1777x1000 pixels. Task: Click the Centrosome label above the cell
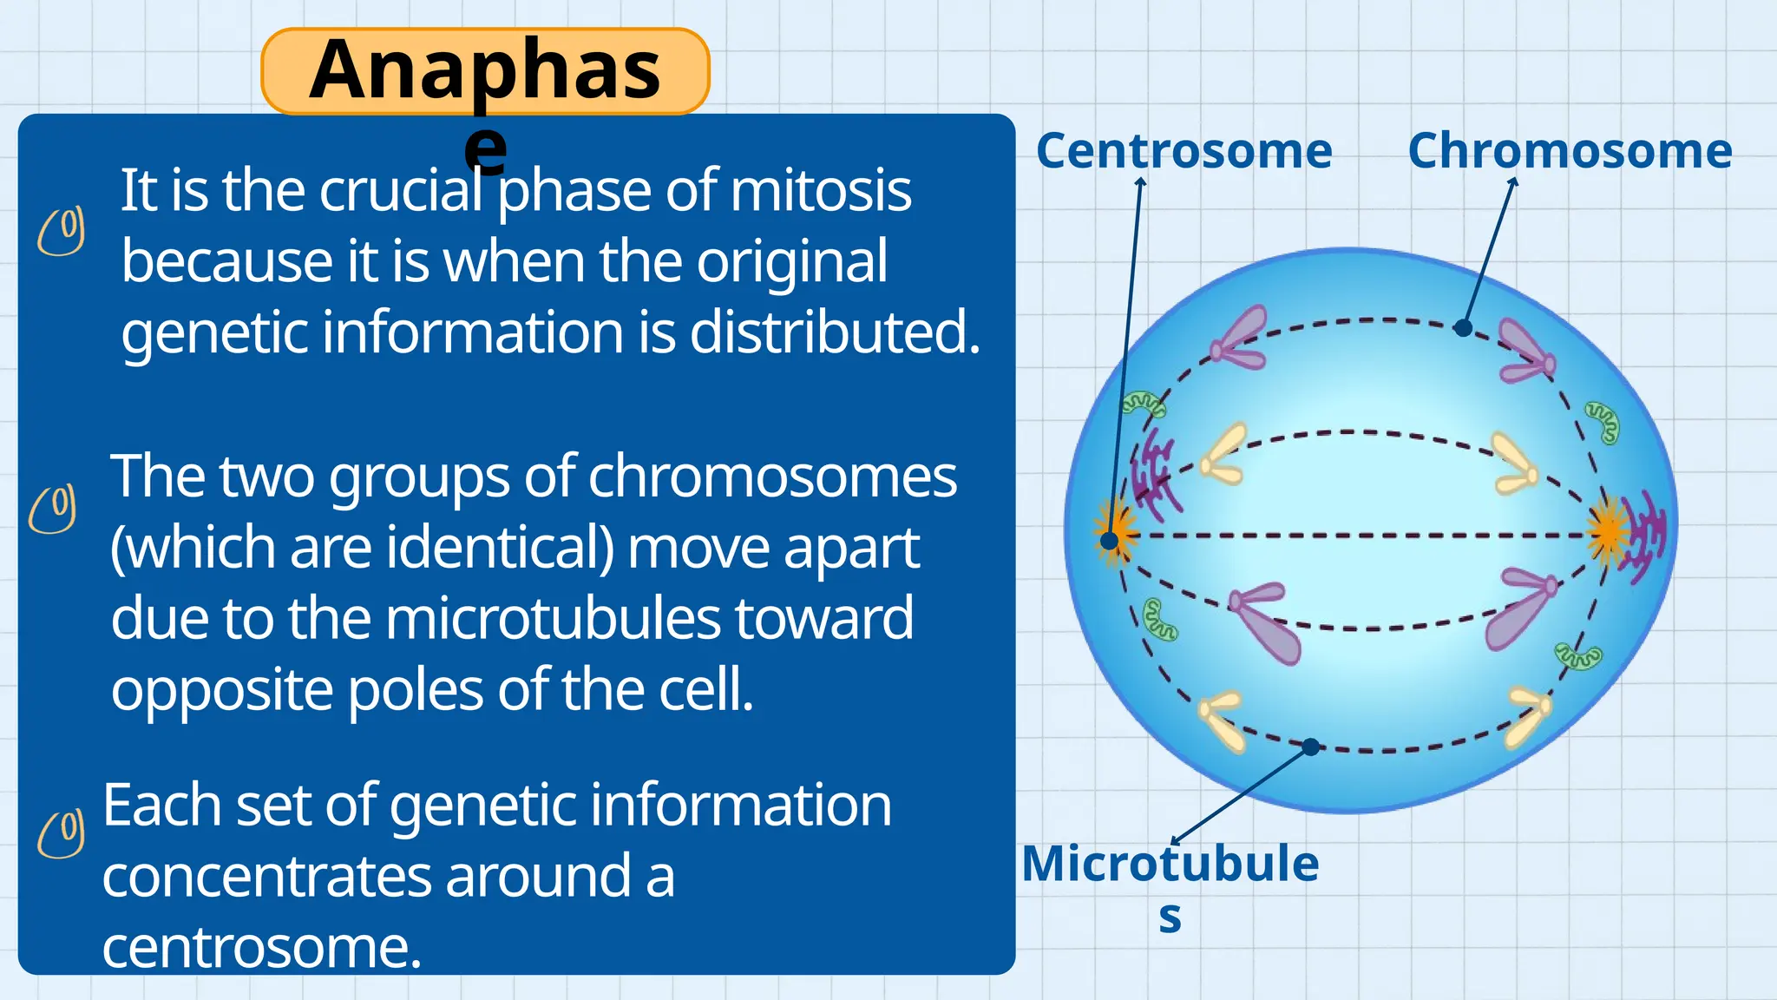coord(1184,151)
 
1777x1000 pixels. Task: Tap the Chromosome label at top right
coord(1570,151)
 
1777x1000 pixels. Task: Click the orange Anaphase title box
coord(485,71)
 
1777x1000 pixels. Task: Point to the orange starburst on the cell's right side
coord(1608,530)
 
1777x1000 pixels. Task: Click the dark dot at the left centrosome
coord(1109,541)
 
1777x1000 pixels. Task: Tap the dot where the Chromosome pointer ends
coord(1463,328)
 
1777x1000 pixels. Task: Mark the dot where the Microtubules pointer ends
coord(1311,747)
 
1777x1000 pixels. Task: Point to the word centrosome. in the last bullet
coord(261,948)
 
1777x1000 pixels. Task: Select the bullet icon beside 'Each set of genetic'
coord(62,833)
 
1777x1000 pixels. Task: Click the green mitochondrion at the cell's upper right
coord(1603,422)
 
